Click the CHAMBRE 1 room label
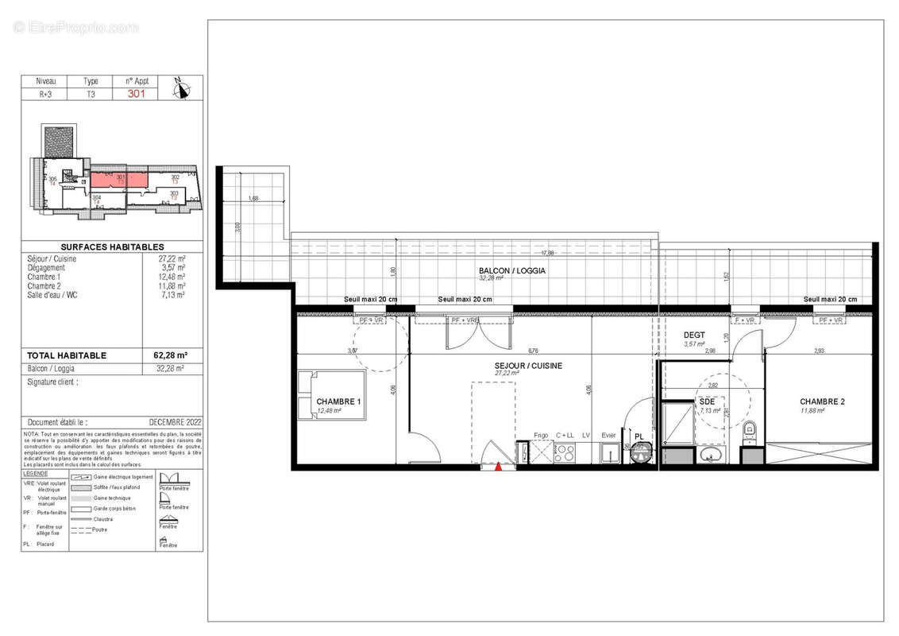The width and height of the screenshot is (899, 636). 338,401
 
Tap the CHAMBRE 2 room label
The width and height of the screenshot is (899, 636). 822,401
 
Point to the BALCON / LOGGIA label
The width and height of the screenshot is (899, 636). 511,271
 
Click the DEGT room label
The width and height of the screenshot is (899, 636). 694,335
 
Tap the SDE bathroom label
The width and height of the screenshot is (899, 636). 705,401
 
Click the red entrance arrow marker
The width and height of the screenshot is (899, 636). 498,467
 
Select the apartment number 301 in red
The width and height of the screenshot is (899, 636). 137,92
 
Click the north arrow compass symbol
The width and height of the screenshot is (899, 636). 183,89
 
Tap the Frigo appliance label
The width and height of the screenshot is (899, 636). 541,435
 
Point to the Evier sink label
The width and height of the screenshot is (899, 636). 608,435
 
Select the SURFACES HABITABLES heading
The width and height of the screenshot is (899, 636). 112,247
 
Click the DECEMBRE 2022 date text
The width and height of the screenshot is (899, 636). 173,422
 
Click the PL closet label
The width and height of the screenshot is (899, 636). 638,436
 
